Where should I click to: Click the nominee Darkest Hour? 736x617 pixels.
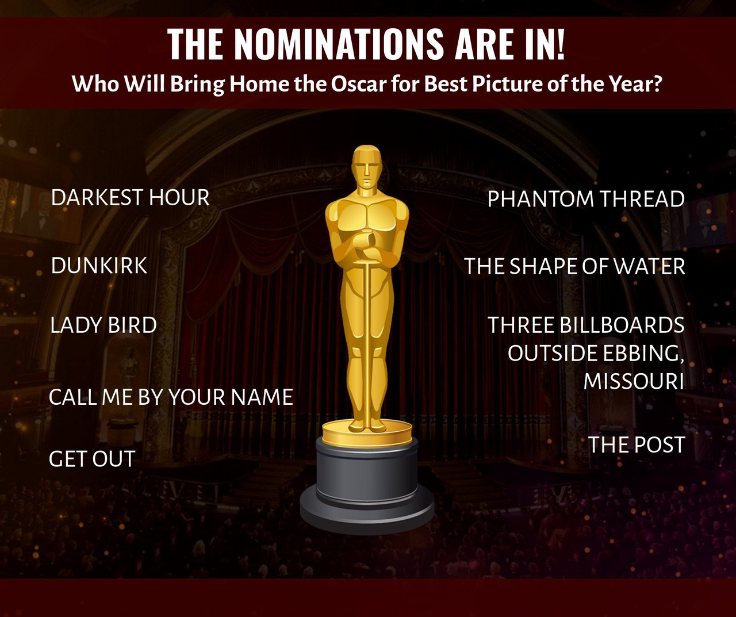131,197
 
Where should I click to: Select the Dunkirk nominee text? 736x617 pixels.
99,266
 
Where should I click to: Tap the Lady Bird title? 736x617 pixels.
103,325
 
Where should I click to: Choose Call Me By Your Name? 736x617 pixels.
171,397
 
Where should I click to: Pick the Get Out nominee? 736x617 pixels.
92,459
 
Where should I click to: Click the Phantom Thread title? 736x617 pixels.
586,199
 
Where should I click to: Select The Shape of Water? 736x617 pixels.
574,266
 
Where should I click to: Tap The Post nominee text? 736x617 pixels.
637,444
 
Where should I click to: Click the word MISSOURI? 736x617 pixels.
634,381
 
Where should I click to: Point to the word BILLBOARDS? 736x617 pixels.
622,325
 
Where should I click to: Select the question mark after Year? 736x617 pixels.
656,84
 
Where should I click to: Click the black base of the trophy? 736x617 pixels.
367,493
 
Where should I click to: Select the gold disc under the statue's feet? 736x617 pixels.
367,433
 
